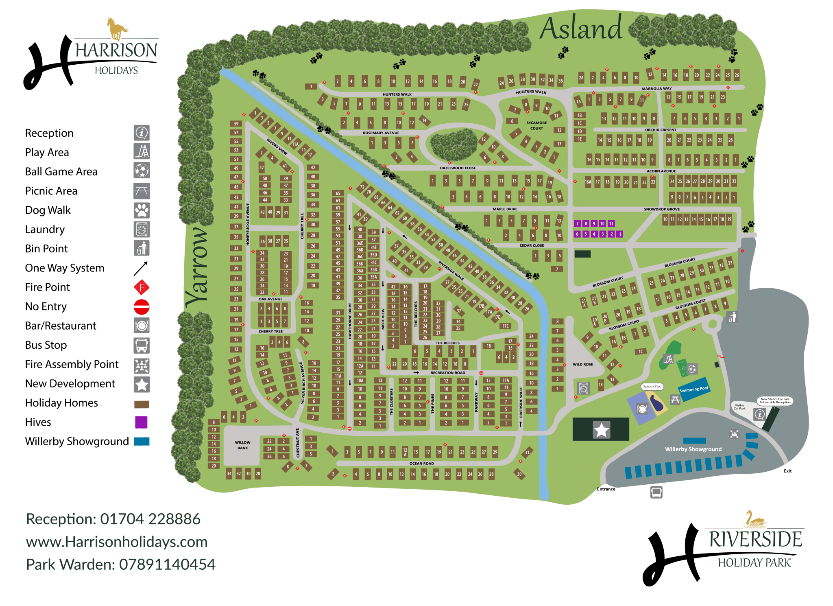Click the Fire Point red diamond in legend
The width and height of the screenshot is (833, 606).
[x=142, y=287]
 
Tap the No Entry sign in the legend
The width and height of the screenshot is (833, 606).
[x=142, y=306]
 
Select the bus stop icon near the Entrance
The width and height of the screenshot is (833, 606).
[x=656, y=492]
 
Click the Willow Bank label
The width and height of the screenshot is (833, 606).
[x=242, y=445]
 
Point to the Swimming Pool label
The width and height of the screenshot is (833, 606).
[x=693, y=389]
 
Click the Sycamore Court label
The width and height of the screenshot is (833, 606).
[x=536, y=125]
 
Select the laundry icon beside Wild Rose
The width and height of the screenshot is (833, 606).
[x=583, y=388]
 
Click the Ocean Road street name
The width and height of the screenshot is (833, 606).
[x=421, y=463]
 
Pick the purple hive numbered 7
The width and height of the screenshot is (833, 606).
[x=577, y=223]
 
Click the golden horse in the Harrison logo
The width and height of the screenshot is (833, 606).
[x=117, y=28]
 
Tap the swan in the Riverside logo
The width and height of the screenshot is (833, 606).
[x=755, y=519]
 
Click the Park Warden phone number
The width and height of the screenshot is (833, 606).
[x=167, y=564]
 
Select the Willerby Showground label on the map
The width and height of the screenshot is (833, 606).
[x=693, y=449]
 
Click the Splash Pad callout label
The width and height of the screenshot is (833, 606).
[x=652, y=386]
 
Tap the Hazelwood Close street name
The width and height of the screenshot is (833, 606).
[x=458, y=168]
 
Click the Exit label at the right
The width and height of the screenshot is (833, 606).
[x=787, y=471]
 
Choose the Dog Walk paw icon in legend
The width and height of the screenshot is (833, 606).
[x=142, y=210]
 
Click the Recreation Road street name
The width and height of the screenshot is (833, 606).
[x=447, y=372]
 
